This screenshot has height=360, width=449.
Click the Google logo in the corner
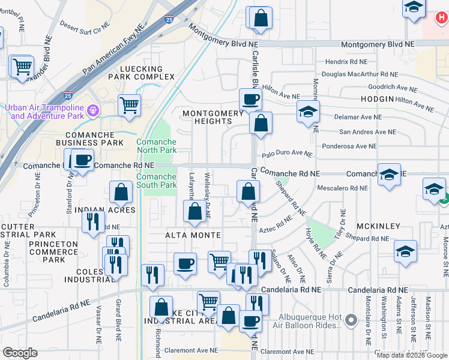(20, 353)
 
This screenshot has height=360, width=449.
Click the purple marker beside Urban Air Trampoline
(92, 110)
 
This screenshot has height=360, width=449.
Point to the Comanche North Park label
(156, 146)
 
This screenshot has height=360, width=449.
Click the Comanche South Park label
(156, 181)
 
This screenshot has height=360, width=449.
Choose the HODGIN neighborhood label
(378, 98)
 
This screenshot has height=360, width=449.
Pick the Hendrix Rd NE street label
(346, 61)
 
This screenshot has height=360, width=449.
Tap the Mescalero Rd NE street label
(342, 188)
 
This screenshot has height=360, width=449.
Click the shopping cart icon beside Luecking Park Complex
(130, 105)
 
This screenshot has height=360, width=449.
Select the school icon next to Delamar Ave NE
(308, 112)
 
